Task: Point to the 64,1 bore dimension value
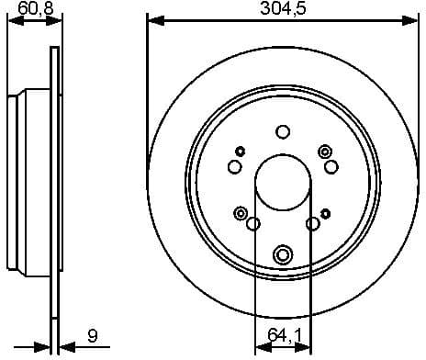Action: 282,336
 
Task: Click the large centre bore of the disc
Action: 283,180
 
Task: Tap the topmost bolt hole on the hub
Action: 283,131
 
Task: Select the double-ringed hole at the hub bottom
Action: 283,253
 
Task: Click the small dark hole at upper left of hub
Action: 241,151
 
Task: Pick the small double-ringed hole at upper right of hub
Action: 324,151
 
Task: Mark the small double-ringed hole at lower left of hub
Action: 241,213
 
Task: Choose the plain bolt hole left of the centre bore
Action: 234,166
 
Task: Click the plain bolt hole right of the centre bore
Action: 331,166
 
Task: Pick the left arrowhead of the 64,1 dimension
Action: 259,347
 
